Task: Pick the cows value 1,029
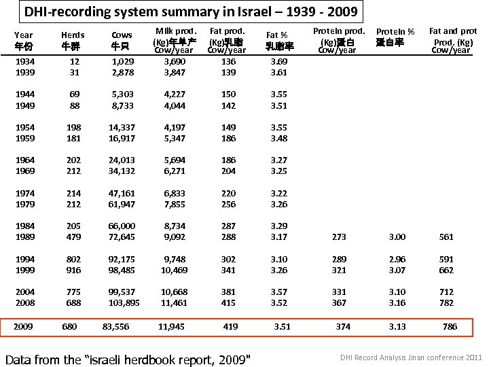point(122,61)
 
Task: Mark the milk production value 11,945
point(171,326)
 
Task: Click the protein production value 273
point(338,237)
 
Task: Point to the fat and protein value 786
point(450,326)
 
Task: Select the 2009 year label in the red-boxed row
point(23,326)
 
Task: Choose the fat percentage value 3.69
point(278,61)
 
